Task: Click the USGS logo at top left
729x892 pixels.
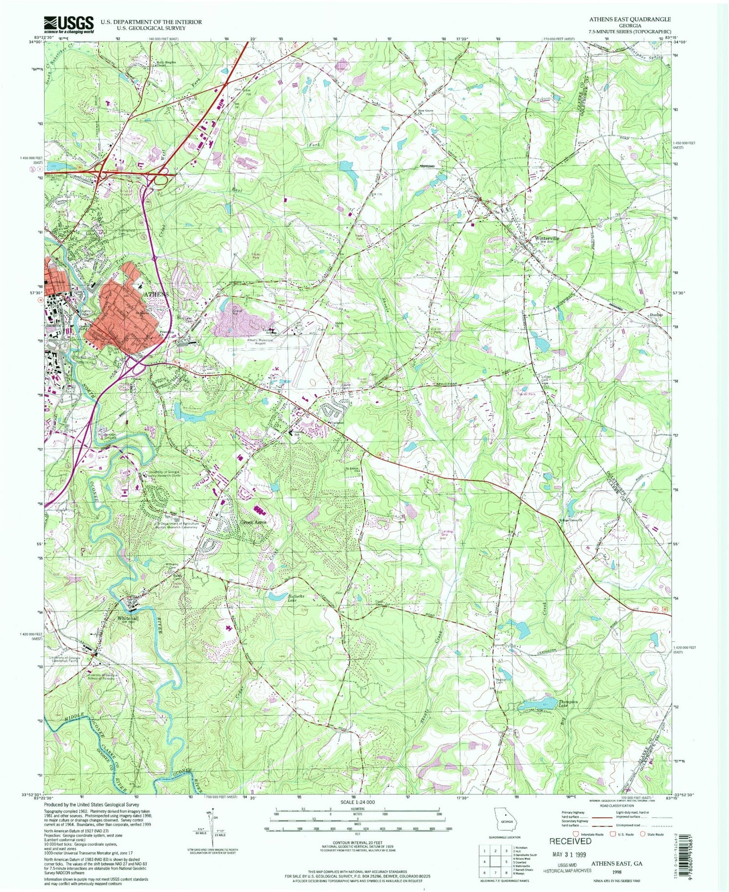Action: (69, 25)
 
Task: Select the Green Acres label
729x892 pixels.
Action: (253, 522)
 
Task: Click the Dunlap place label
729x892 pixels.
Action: (656, 315)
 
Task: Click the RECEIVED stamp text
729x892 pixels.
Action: (570, 841)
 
